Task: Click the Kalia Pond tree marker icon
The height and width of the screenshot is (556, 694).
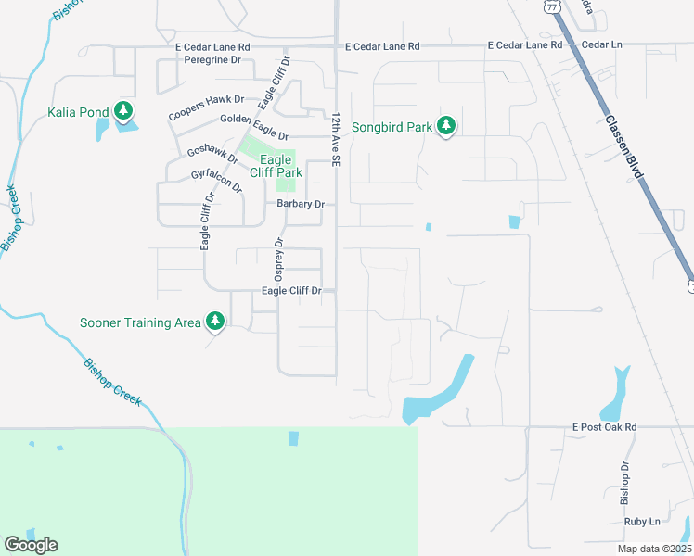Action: coord(122,113)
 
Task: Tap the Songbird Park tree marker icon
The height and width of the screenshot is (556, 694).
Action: coord(446,126)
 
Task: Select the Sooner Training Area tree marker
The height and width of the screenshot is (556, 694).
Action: coord(215,322)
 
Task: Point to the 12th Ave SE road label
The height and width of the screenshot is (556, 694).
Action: coord(336,140)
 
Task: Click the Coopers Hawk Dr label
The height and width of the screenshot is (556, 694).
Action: coord(206,107)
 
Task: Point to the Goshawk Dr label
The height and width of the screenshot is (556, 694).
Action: coord(212,154)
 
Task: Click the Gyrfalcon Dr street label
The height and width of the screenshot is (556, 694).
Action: coord(215,180)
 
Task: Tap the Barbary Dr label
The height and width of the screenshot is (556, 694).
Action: coord(300,204)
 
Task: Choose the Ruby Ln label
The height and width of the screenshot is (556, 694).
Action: coord(642,522)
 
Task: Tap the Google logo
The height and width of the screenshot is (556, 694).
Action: coord(31,545)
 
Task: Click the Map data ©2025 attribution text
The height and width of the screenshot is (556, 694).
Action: coord(654,549)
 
